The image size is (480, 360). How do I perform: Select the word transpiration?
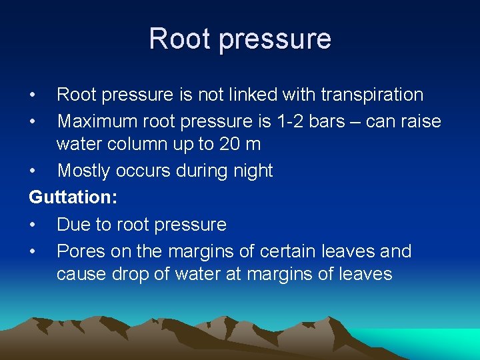(x=372, y=95)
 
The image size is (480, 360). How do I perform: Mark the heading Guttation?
(x=70, y=197)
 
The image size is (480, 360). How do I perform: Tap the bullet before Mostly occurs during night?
(x=33, y=171)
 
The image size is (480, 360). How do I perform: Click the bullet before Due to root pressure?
(x=33, y=225)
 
